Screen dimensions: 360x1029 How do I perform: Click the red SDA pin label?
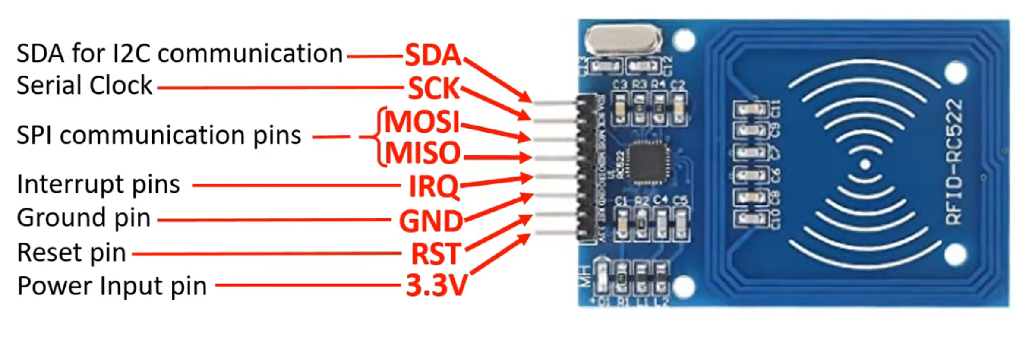(x=433, y=55)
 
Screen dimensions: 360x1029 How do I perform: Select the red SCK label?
(x=434, y=88)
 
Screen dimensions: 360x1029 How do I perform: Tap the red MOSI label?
(x=423, y=121)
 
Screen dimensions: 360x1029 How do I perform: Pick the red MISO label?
(x=423, y=153)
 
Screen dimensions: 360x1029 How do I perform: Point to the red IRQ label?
(x=433, y=186)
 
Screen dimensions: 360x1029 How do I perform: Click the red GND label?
(x=431, y=221)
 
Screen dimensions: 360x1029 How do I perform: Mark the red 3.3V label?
(x=436, y=285)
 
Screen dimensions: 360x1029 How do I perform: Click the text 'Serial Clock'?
(x=84, y=85)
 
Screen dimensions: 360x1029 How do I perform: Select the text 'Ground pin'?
(x=84, y=218)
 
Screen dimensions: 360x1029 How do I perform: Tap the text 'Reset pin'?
(x=72, y=253)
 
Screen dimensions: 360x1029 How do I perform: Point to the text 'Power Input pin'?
(x=112, y=286)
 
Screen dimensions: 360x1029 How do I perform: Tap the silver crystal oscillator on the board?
(x=623, y=40)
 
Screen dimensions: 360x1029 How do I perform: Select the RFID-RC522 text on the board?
(x=954, y=162)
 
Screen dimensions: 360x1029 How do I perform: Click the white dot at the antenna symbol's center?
(x=865, y=164)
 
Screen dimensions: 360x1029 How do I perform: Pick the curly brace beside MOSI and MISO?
(x=380, y=137)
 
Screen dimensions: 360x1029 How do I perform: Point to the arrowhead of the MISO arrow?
(x=527, y=158)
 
